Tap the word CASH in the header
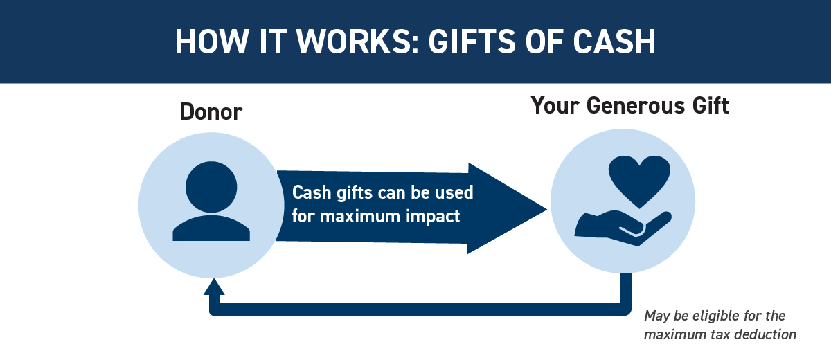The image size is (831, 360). [614, 41]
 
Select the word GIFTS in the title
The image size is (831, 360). [472, 41]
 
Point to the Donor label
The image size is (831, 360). [211, 111]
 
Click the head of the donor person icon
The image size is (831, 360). [211, 187]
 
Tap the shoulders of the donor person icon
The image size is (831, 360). [211, 228]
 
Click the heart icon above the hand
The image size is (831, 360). [639, 181]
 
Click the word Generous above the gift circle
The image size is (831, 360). [636, 105]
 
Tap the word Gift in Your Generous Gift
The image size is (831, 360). [711, 105]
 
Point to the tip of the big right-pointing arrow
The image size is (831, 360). [547, 209]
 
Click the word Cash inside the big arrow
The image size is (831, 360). [312, 192]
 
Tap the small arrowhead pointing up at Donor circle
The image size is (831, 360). [214, 287]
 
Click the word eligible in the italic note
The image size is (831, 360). [711, 316]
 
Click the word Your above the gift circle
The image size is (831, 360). [555, 105]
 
